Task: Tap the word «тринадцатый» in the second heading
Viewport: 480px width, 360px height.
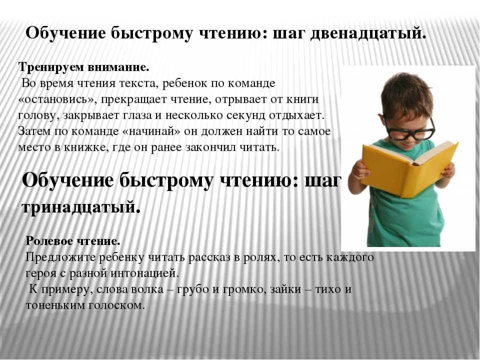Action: click(79, 207)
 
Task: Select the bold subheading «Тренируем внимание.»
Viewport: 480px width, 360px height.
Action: click(83, 67)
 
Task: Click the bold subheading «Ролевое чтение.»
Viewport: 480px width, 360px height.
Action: click(73, 241)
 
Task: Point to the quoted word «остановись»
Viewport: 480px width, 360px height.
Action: click(57, 100)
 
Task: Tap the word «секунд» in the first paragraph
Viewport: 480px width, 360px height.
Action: click(246, 115)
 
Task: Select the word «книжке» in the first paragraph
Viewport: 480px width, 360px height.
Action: click(86, 147)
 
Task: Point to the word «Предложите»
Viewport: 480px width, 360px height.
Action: click(60, 257)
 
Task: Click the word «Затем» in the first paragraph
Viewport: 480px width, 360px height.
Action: click(34, 131)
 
